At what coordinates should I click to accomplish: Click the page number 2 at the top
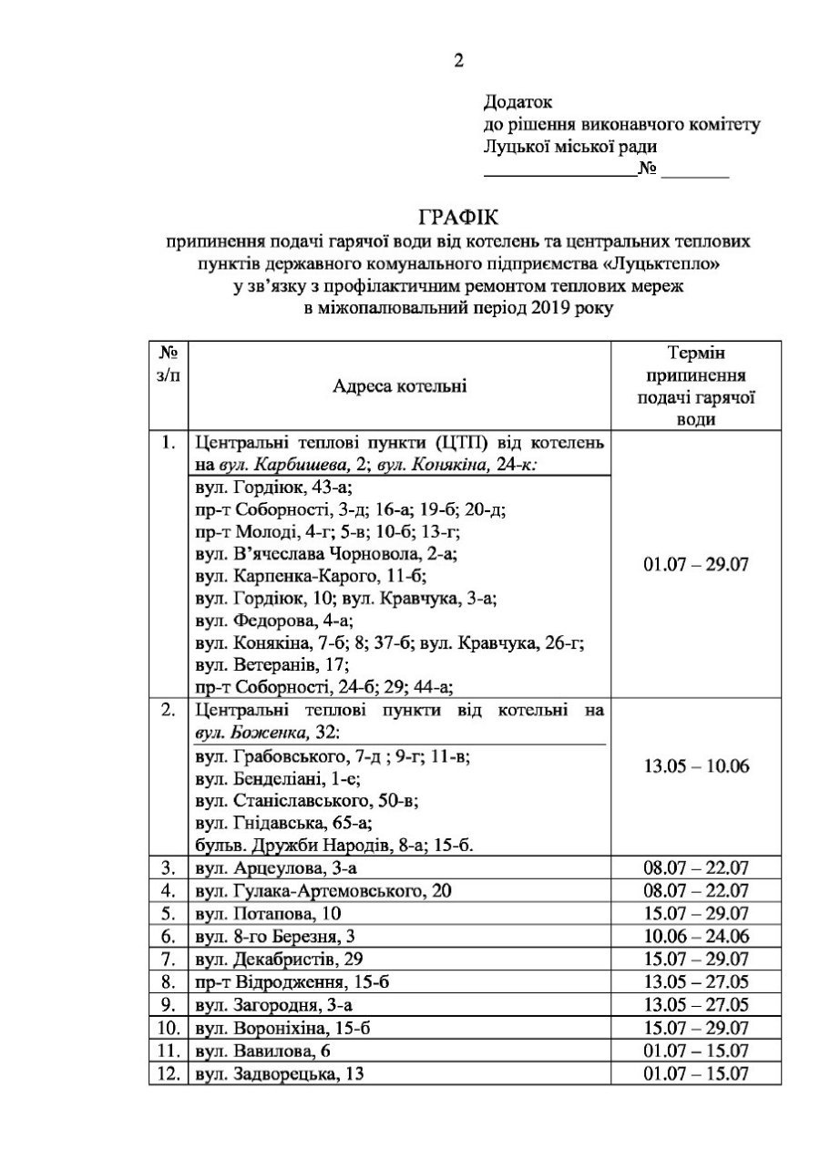[458, 62]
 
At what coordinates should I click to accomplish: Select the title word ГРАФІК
[459, 218]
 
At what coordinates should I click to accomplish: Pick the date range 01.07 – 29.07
[695, 564]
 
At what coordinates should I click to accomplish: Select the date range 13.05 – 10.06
[695, 765]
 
